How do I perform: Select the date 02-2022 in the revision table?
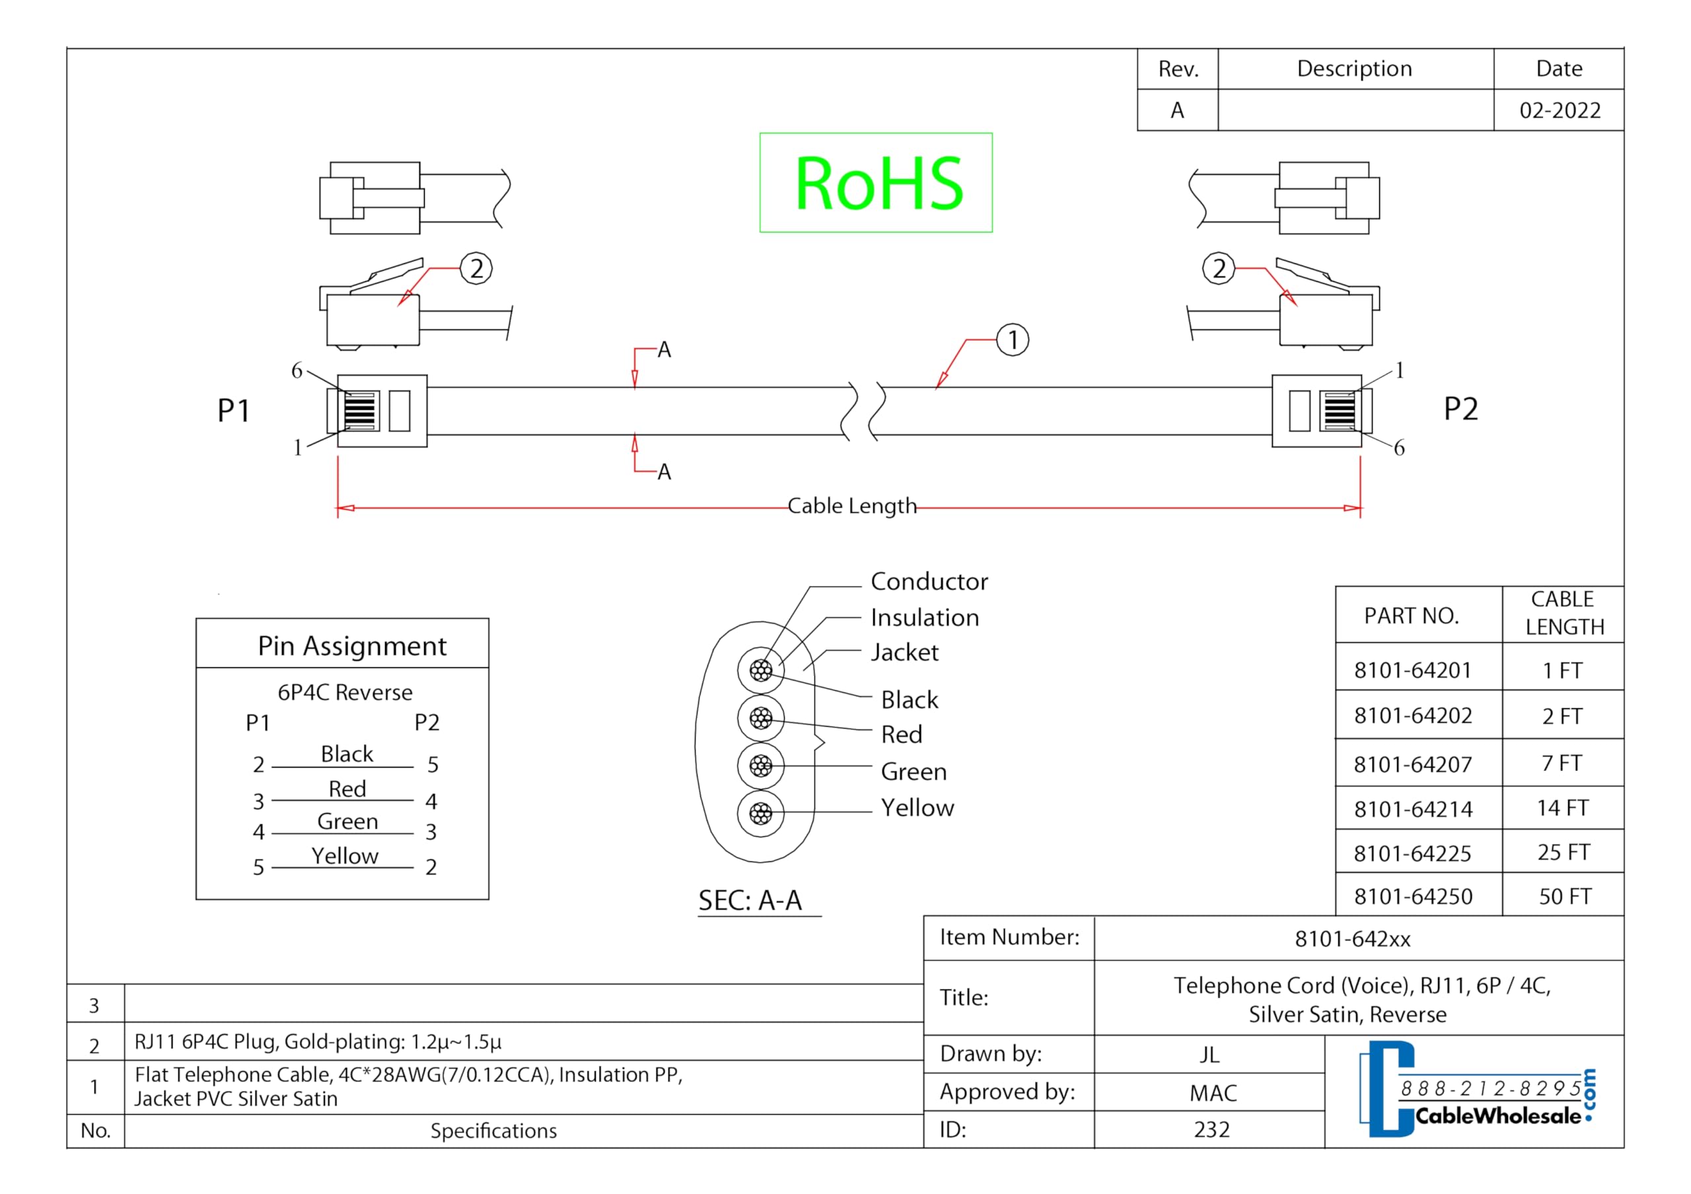pos(1560,110)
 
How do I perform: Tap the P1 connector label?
pos(233,410)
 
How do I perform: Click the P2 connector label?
pos(1460,409)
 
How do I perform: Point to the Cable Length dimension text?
pos(852,506)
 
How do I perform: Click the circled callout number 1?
pos(1013,340)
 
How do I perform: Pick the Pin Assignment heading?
pos(352,646)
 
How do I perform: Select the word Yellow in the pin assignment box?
pos(345,855)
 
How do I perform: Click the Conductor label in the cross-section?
pos(929,581)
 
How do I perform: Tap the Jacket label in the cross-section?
pos(904,652)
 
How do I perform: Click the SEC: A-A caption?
pos(750,900)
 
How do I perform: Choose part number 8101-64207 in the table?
pos(1413,764)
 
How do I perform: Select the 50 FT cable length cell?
pos(1565,896)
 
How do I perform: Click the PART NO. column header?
pos(1411,615)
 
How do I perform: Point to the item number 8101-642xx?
pos(1353,939)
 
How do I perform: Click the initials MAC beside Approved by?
pos(1213,1093)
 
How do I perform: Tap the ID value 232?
pos(1211,1129)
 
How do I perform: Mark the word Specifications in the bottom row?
pos(493,1131)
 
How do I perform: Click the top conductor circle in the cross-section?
pos(761,670)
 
